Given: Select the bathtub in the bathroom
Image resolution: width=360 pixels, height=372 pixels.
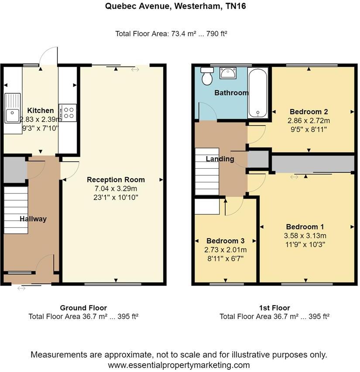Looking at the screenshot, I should point(258,93).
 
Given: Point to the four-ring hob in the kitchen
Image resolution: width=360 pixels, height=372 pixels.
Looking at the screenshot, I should point(68,112).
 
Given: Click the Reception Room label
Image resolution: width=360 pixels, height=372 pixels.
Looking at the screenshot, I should point(116,180).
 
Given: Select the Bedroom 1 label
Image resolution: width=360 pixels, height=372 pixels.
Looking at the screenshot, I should point(305,227).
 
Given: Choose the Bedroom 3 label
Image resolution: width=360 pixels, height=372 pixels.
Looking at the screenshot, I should point(225,241).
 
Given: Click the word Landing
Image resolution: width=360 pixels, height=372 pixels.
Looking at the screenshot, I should point(220,159).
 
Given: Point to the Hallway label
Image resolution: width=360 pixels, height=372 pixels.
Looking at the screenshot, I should point(33,219).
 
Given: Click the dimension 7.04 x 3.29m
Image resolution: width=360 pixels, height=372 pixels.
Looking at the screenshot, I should point(116,188).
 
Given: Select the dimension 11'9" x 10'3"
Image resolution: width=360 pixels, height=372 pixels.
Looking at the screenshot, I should point(305,244).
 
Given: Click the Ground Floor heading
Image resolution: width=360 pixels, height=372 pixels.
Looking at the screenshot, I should point(83,308).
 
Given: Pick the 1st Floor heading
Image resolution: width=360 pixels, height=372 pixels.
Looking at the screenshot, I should point(274,308).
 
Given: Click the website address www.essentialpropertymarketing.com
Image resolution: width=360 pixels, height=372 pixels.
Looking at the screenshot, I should point(179,365).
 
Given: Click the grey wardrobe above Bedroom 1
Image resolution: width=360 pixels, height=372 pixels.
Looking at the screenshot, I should point(312,164).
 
